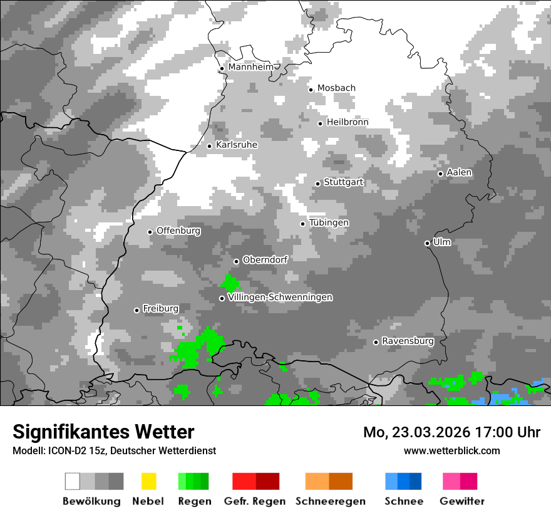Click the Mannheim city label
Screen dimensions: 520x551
coord(250,67)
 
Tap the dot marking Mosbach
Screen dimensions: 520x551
coord(311,90)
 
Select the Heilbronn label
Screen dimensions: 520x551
coord(348,122)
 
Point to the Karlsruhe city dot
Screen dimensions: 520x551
coord(210,146)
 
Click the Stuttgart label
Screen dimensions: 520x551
coord(343,182)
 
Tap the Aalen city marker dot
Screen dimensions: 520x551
coord(440,174)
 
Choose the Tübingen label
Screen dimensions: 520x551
coord(329,223)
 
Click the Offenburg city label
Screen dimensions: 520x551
coord(178,231)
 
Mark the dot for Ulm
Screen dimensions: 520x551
coord(427,243)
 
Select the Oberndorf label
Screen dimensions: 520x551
coord(265,260)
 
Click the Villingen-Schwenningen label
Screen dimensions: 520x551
coord(280,297)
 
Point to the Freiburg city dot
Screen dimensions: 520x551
coord(136,310)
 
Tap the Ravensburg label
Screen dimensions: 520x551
coord(408,341)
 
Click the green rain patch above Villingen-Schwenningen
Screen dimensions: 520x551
coord(230,283)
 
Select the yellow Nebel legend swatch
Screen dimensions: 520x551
coord(148,481)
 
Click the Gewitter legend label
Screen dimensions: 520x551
coord(462,501)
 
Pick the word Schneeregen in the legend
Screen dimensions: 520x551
coord(331,501)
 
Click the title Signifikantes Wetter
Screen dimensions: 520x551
coord(103,432)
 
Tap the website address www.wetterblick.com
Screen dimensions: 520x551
coord(451,450)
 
